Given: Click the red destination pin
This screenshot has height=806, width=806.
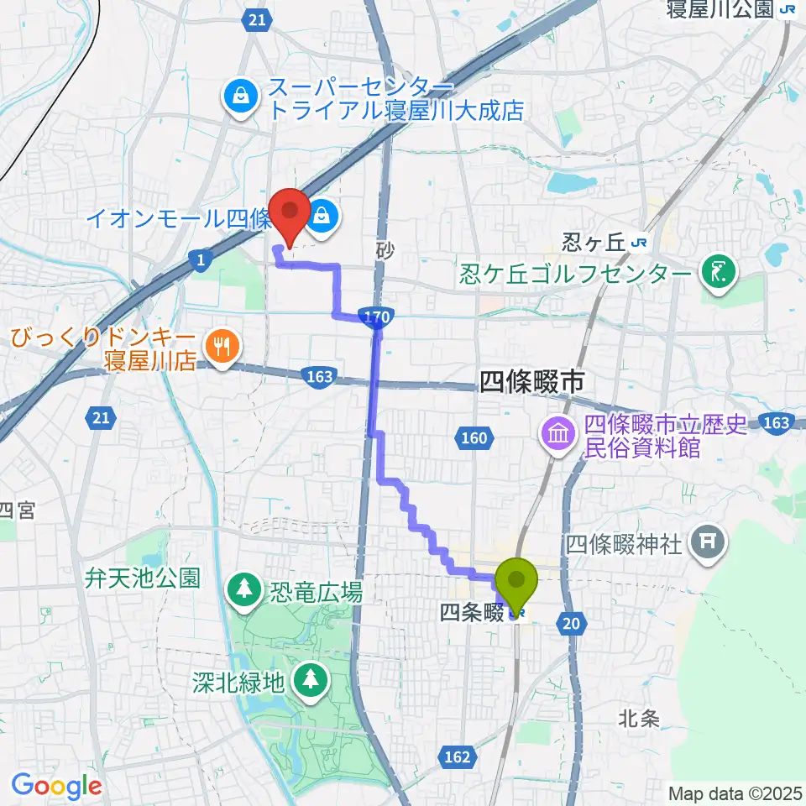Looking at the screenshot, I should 291,216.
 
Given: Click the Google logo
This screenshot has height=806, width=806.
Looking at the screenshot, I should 56,786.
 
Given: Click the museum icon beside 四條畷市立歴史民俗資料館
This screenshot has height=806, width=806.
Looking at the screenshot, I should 557,435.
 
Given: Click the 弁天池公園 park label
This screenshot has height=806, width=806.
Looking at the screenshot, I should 141,578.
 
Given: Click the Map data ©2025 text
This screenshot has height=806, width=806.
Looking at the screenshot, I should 735,793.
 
